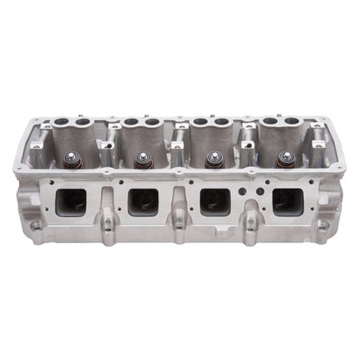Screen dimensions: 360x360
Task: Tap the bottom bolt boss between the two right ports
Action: coord(250,227)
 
